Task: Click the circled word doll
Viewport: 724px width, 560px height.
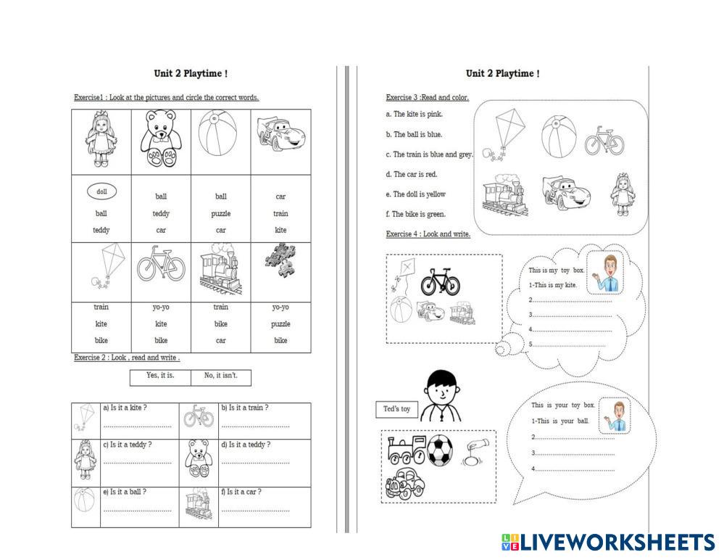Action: (101, 192)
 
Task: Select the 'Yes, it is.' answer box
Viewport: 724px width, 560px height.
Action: (161, 376)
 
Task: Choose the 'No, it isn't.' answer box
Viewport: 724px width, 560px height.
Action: (221, 376)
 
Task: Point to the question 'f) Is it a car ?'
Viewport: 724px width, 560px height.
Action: (244, 492)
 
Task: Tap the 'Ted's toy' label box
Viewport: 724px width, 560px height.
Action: (396, 409)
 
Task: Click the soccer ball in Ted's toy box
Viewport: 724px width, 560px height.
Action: (439, 449)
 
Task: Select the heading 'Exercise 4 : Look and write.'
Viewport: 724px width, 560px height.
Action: (428, 234)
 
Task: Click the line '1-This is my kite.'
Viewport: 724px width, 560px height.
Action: (553, 285)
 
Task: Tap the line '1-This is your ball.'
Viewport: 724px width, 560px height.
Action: (560, 421)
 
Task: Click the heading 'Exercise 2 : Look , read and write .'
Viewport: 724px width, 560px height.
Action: (127, 358)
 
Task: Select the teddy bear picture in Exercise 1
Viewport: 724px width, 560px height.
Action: (161, 141)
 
